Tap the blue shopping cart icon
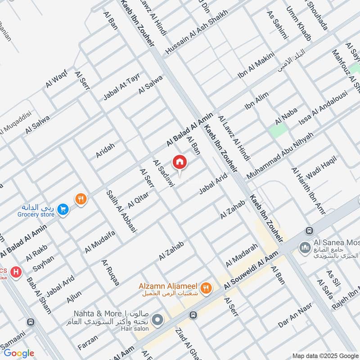pyautogui.click(x=63, y=210)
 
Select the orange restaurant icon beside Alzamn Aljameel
pyautogui.click(x=207, y=288)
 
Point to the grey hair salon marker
pyautogui.click(x=157, y=321)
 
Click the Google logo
pyautogui.click(x=19, y=353)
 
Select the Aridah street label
pyautogui.click(x=105, y=150)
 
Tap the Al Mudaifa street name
pyautogui.click(x=100, y=241)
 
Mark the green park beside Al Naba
pyautogui.click(x=278, y=130)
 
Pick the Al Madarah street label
pyautogui.click(x=242, y=255)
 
